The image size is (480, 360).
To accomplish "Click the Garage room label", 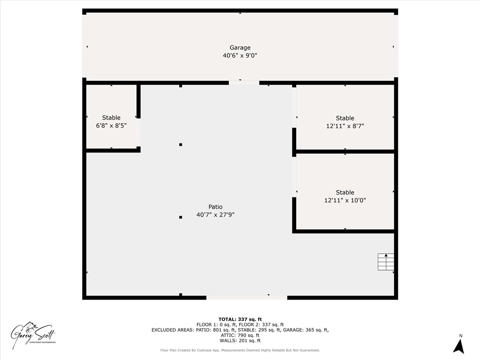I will [240, 47].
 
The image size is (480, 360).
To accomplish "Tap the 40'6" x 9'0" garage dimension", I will [240, 55].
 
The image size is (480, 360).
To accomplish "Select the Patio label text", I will [216, 207].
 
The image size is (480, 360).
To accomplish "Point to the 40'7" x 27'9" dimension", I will [216, 215].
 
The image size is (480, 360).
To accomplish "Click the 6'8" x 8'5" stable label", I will [111, 126].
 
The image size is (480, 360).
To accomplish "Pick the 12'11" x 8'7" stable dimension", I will [345, 126].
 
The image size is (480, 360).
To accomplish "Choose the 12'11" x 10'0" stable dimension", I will [345, 200].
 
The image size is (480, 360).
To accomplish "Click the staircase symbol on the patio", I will [386, 262].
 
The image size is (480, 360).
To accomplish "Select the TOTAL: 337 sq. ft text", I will [240, 319].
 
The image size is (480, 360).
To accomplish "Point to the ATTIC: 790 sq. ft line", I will [240, 335].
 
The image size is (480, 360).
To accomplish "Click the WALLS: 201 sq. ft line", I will [240, 341].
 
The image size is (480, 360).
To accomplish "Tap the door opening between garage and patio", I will [244, 83].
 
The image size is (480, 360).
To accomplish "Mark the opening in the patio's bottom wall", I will [247, 297].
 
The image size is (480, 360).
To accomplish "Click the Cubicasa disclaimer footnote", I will [240, 350].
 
